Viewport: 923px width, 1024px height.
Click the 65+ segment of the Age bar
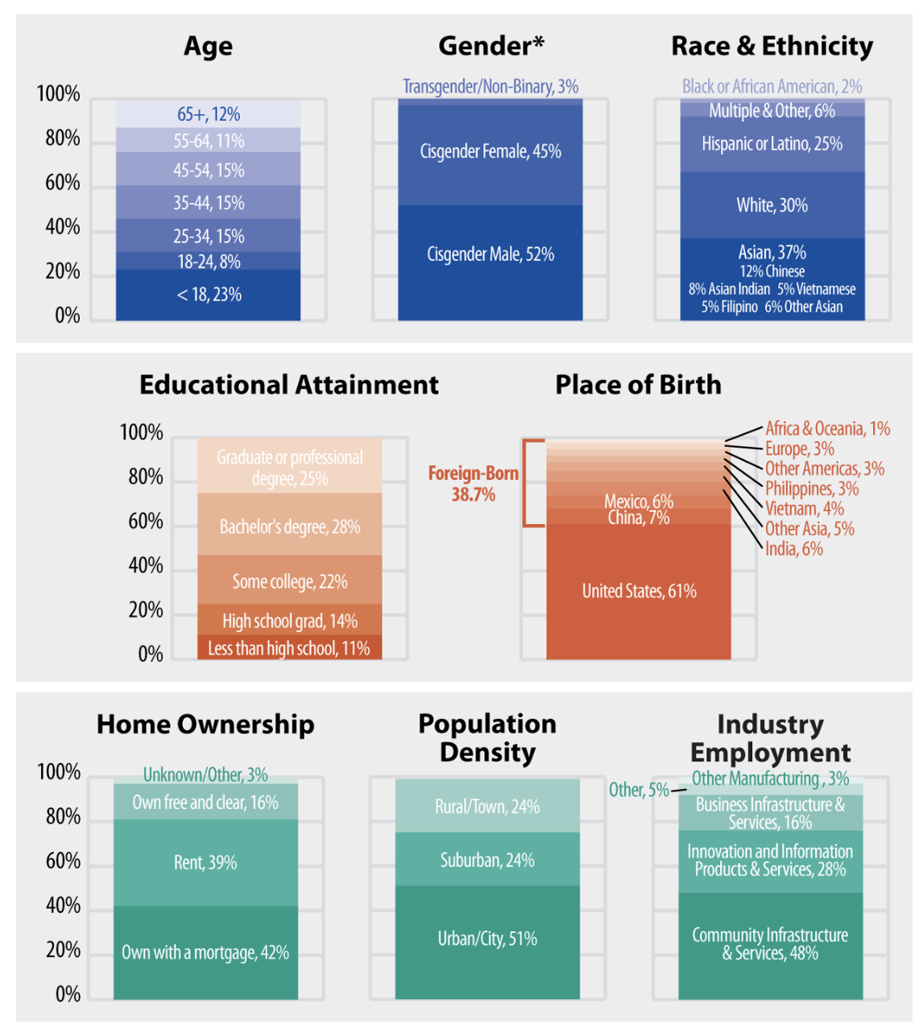pos(208,114)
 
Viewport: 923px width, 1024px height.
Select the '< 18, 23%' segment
pos(208,295)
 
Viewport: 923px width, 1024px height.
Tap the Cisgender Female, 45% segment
pos(490,151)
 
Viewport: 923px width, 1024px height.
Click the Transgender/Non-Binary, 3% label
pos(490,86)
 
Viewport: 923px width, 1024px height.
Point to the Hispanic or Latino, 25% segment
pos(772,144)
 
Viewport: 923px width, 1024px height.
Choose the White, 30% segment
pos(772,205)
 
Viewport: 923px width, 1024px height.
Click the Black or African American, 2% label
pos(772,86)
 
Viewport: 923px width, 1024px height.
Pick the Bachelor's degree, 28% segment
pos(289,526)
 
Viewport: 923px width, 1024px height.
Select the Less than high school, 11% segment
pos(289,648)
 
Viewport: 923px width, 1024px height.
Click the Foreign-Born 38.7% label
pos(473,484)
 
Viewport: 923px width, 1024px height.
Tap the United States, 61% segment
pos(639,591)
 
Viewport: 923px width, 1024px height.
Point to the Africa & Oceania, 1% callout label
pos(827,428)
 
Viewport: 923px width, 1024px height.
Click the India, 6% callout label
pos(793,549)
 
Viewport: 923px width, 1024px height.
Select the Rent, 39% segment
pos(205,862)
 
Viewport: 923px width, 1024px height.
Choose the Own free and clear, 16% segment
pos(205,803)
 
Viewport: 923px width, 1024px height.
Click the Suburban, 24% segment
pos(487,860)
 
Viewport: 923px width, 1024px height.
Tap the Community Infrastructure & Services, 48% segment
pos(770,944)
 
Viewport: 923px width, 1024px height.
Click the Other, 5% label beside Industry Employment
pos(638,790)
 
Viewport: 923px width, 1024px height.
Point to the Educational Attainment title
pos(289,385)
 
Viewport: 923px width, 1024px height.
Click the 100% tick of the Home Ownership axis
pos(59,773)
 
